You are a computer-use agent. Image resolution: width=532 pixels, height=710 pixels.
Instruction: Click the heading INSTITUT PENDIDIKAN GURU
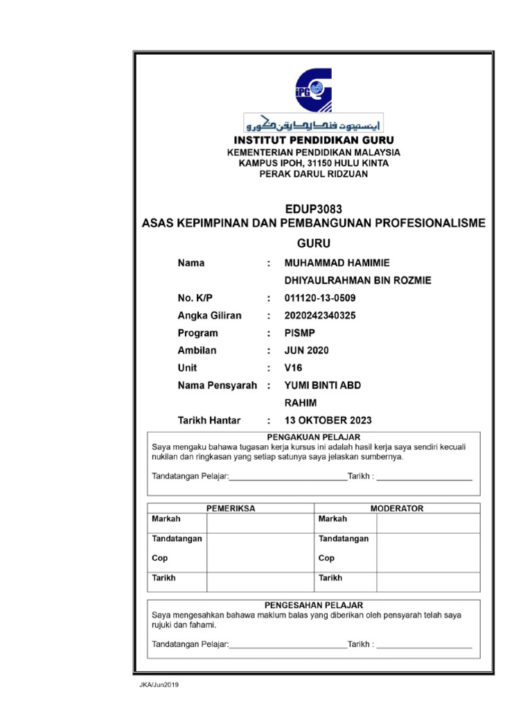tap(314, 140)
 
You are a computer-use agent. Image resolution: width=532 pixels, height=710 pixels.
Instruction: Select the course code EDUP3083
tap(314, 209)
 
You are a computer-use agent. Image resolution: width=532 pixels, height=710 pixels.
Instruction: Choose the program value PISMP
tap(300, 334)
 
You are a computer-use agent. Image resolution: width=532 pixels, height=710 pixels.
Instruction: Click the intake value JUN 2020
tap(307, 351)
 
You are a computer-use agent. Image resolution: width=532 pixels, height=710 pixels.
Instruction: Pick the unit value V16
tap(294, 368)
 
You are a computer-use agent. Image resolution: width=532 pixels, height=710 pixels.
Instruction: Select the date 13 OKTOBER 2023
tap(328, 420)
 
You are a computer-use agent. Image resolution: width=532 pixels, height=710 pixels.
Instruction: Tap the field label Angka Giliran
tap(210, 316)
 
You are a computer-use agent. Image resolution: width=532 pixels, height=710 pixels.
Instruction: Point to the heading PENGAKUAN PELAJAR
tap(314, 437)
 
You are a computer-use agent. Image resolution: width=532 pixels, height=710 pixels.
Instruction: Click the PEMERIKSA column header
tap(231, 508)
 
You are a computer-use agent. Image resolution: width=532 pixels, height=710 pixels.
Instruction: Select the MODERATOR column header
tap(396, 508)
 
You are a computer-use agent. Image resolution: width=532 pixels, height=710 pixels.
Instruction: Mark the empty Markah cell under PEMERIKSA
tap(260, 523)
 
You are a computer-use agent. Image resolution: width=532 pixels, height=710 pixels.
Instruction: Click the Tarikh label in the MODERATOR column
tap(330, 578)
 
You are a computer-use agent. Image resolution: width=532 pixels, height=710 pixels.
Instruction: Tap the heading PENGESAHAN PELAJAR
tap(314, 605)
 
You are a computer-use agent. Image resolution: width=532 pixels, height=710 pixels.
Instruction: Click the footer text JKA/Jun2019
tap(159, 685)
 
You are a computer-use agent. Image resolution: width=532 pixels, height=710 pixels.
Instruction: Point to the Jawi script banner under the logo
tap(314, 123)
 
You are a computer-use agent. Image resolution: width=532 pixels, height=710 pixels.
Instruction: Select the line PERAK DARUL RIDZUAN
tap(314, 174)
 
